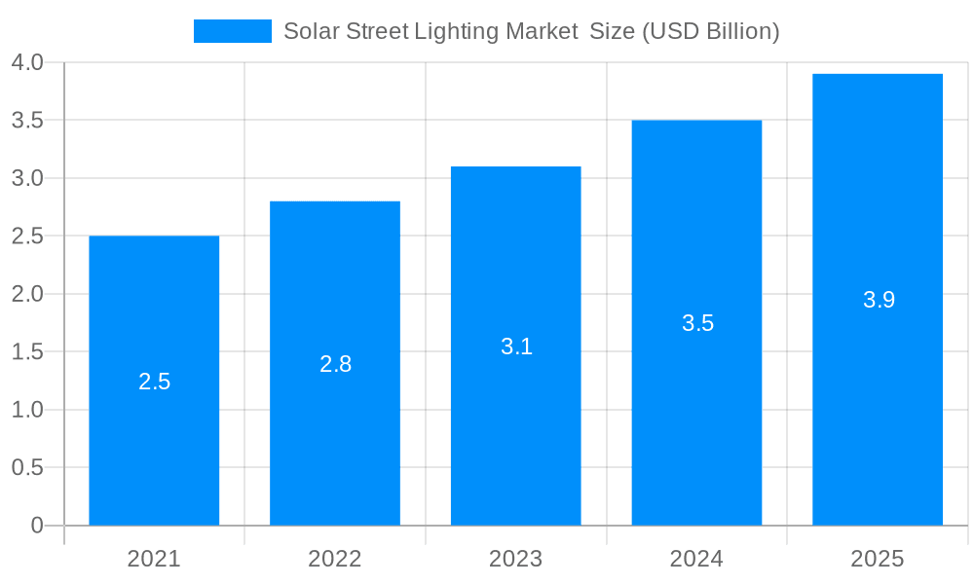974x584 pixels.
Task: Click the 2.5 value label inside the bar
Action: pyautogui.click(x=154, y=382)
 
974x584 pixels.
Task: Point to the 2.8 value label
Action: pyautogui.click(x=335, y=364)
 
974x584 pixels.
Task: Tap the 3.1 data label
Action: pyautogui.click(x=516, y=347)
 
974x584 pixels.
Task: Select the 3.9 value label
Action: pyautogui.click(x=879, y=300)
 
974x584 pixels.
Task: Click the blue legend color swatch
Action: pyautogui.click(x=232, y=31)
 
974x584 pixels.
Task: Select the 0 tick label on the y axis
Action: pyautogui.click(x=37, y=526)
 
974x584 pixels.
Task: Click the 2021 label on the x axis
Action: pyautogui.click(x=154, y=559)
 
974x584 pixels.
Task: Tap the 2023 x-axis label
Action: pyautogui.click(x=516, y=559)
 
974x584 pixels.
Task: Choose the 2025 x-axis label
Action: pyautogui.click(x=878, y=559)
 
